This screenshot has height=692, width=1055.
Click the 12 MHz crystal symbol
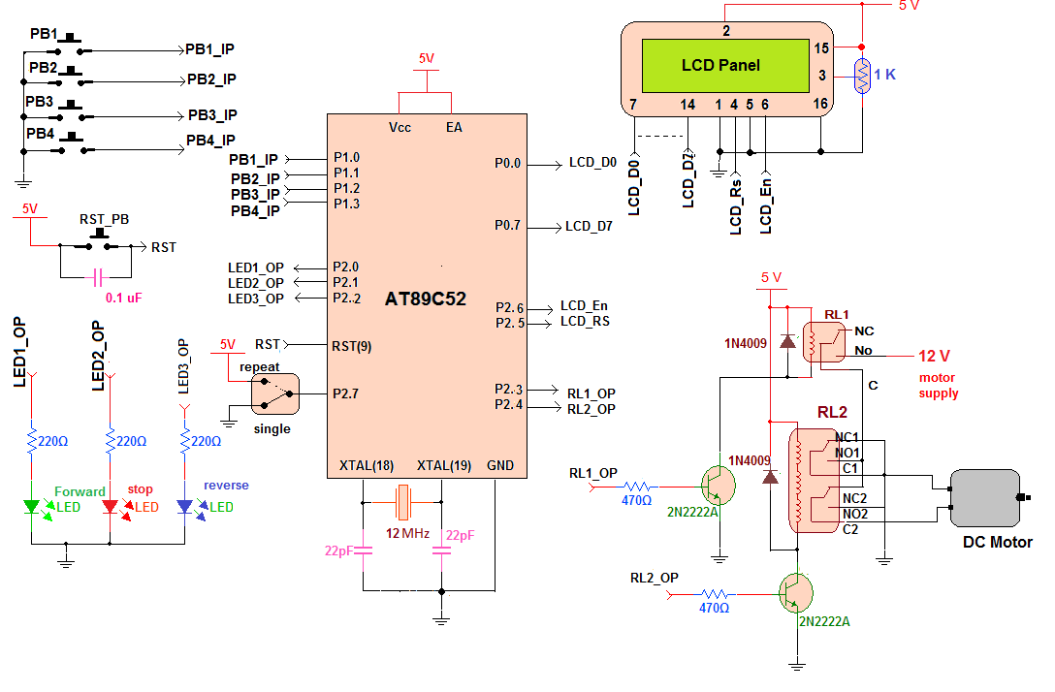[x=403, y=502]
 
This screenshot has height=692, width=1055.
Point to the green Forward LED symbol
[x=32, y=506]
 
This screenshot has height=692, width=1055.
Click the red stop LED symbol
[x=111, y=506]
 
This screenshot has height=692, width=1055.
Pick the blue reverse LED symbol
[x=185, y=506]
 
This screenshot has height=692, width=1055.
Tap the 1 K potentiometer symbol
[x=861, y=76]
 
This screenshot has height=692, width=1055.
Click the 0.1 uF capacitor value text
[x=124, y=298]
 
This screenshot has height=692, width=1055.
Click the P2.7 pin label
[x=345, y=393]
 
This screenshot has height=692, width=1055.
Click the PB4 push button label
[x=42, y=133]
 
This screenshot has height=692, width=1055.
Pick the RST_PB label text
[x=104, y=219]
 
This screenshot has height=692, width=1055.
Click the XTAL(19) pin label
[x=443, y=465]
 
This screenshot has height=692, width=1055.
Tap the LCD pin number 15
[x=821, y=47]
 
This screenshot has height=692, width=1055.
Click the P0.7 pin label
[x=507, y=225]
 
